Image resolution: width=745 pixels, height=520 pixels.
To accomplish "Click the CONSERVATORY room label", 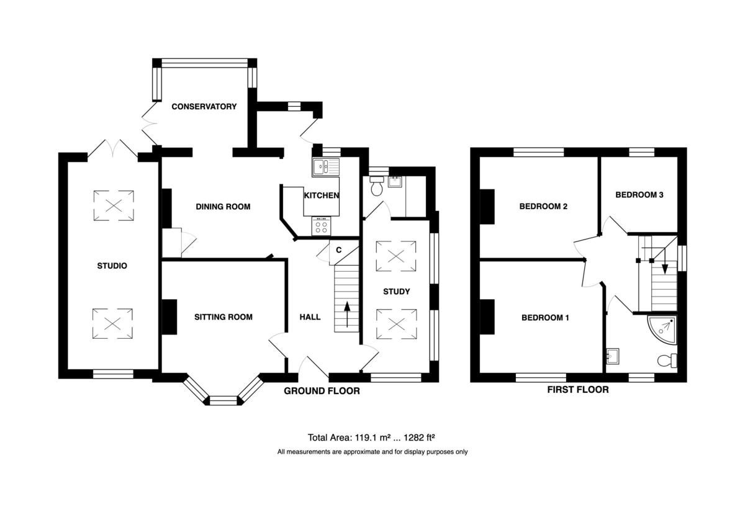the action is click(204, 106).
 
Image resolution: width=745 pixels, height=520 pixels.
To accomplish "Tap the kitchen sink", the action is click(325, 167).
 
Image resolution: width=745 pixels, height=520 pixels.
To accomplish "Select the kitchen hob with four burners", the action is click(322, 226).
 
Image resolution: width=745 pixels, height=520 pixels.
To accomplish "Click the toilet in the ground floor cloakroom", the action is click(377, 186).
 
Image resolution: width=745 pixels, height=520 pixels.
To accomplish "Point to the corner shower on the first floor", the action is click(662, 329).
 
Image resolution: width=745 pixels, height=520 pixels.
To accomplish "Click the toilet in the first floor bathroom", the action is click(667, 361).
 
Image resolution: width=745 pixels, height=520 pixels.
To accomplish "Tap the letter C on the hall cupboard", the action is click(338, 250).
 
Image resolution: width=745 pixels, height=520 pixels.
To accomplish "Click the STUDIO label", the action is click(112, 266).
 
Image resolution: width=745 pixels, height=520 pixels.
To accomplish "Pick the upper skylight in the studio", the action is click(114, 206).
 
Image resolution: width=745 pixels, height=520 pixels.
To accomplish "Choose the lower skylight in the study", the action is click(397, 324).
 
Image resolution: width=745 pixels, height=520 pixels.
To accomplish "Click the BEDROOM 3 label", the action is click(639, 195).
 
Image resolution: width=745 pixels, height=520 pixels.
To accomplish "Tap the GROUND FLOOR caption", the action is click(322, 391).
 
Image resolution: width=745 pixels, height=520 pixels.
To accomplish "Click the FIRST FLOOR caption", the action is click(578, 390).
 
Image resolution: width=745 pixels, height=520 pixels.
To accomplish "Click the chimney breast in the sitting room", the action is click(169, 317).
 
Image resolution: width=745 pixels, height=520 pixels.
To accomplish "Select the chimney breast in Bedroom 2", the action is click(487, 207).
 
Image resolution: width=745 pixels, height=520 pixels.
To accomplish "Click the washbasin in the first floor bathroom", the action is click(613, 356).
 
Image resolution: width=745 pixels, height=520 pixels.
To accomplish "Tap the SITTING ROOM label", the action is click(223, 317).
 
